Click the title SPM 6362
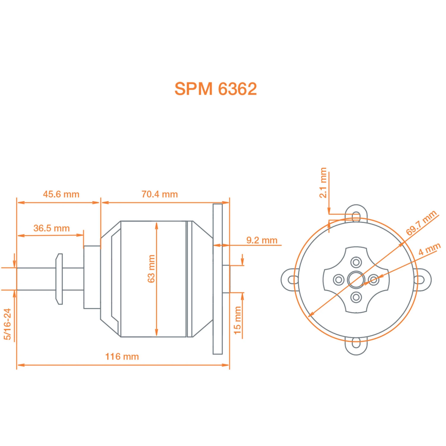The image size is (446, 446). [x=215, y=89]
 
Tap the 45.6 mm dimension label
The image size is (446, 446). [x=61, y=194]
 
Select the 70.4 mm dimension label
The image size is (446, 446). [x=160, y=194]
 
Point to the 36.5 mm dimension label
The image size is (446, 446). [x=51, y=228]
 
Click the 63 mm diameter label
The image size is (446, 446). [x=151, y=268]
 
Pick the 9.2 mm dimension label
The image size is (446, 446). [x=262, y=240]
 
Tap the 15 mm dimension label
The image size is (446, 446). [x=237, y=320]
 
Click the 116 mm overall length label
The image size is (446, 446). [x=122, y=357]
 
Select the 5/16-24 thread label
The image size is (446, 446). [x=7, y=324]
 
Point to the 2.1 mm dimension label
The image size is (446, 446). [x=323, y=183]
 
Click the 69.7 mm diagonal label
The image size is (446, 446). [x=421, y=223]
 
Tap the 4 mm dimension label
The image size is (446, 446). [x=429, y=249]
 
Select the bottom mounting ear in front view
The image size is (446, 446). [x=356, y=346]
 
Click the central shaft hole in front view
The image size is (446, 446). [x=356, y=280]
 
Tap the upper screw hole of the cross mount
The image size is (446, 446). [x=356, y=263]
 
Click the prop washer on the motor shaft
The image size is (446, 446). [x=59, y=279]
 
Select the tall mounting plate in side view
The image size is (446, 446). [x=218, y=279]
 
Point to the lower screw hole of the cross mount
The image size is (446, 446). [x=356, y=297]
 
